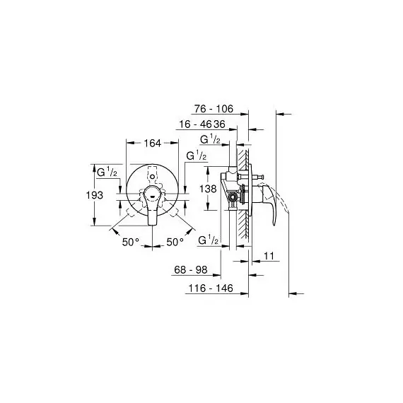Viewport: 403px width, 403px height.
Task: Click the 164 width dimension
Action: (152, 144)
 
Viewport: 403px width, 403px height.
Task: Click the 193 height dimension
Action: (95, 195)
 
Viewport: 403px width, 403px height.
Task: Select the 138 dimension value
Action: (208, 189)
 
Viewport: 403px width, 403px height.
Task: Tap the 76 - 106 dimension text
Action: (214, 109)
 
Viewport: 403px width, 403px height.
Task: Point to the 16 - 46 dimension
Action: (195, 124)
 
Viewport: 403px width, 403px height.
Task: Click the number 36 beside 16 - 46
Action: (219, 124)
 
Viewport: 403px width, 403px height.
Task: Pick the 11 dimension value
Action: (269, 256)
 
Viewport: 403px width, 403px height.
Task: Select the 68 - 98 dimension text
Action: (190, 270)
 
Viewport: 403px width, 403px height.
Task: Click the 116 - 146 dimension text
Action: (211, 288)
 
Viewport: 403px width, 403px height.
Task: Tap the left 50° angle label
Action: (131, 242)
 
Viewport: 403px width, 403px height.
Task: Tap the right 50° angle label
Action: (175, 242)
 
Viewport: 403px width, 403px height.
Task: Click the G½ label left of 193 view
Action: (107, 172)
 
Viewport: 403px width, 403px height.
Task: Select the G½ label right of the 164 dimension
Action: (196, 156)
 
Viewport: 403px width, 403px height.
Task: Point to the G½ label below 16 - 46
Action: (210, 139)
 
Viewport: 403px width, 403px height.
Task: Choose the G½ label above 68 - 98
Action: (208, 240)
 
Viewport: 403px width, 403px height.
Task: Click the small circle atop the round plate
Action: (153, 177)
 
